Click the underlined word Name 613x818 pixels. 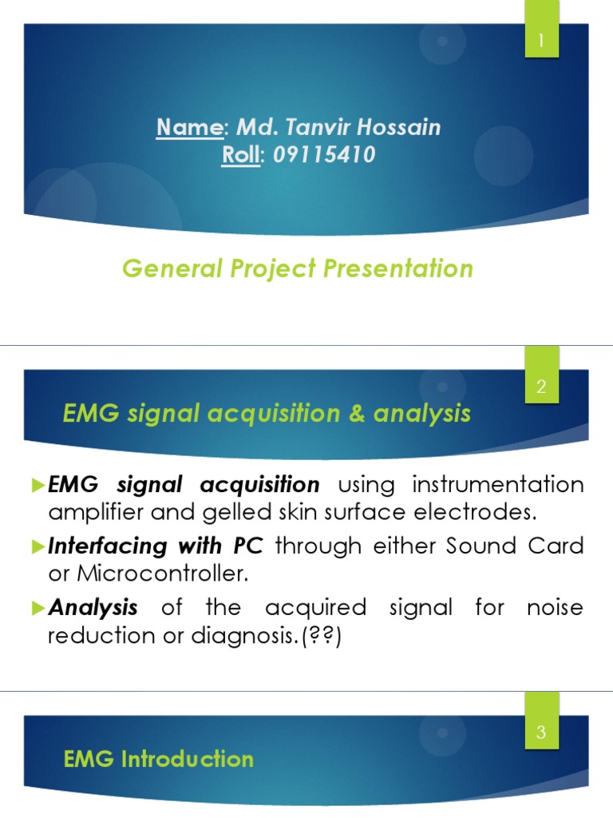pos(188,127)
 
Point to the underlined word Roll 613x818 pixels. pos(240,155)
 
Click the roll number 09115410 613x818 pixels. pos(323,155)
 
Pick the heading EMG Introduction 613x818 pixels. pos(158,758)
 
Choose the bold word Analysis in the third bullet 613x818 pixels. pos(93,608)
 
